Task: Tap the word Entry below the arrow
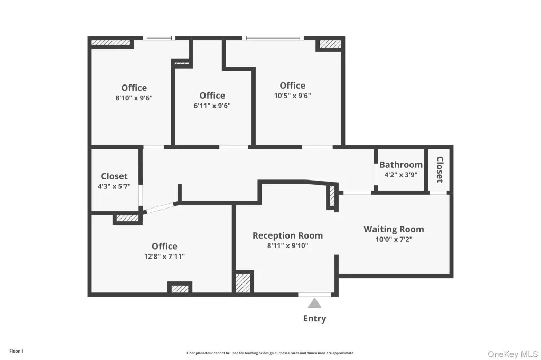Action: (314, 319)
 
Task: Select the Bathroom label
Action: (401, 165)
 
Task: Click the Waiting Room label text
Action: (394, 229)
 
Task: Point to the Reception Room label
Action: (288, 235)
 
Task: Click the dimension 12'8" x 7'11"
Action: (164, 256)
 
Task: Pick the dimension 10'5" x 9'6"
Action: (292, 96)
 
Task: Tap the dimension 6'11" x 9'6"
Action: (212, 106)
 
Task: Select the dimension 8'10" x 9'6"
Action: (134, 98)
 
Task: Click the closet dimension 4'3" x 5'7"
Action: (114, 186)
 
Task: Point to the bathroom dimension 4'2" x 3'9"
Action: (401, 175)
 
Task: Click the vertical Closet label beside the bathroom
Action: (440, 169)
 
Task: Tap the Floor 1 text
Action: (16, 351)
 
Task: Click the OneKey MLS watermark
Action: (512, 354)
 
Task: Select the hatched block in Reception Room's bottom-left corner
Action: (242, 283)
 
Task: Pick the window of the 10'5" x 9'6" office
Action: (273, 38)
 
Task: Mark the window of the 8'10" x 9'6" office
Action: (159, 38)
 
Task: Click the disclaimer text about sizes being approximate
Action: (270, 353)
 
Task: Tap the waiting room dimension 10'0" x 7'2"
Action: (394, 239)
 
